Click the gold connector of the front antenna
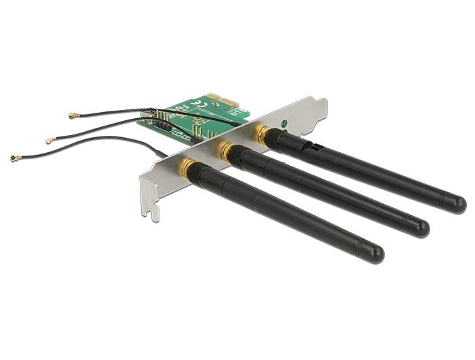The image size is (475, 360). (188, 168)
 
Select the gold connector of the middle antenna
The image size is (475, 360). (225, 147)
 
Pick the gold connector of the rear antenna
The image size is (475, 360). (261, 132)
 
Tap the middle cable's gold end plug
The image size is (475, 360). (50, 141)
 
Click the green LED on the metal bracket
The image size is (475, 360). (284, 124)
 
